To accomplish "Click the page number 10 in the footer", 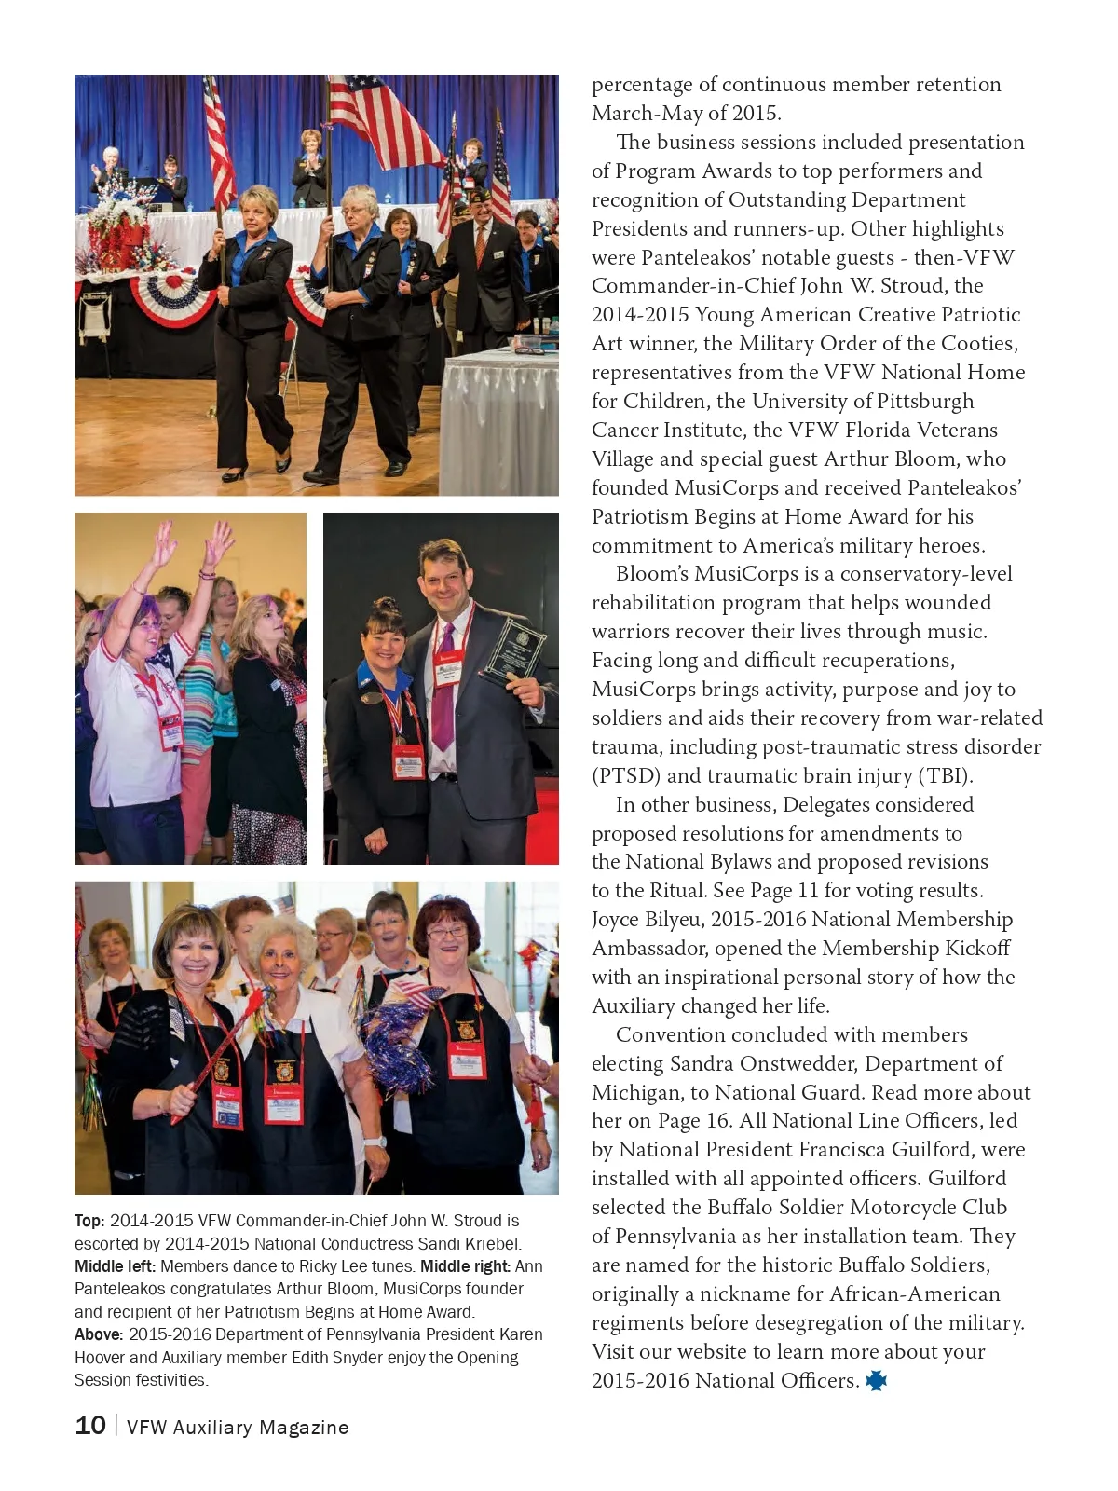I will pos(90,1425).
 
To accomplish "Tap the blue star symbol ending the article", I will pos(876,1380).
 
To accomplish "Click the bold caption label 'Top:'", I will pos(89,1221).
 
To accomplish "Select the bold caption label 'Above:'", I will pos(99,1334).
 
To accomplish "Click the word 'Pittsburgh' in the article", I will pos(917,402).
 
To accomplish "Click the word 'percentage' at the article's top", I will pos(642,85).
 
